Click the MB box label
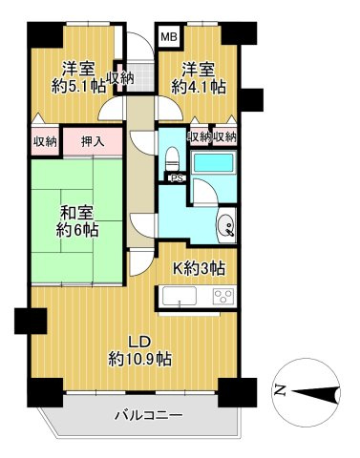(168, 37)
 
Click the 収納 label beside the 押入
(45, 142)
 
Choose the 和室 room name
(78, 212)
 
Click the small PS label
(176, 178)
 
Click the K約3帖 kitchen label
(199, 267)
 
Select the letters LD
(139, 341)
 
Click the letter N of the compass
(279, 389)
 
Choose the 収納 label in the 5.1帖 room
(120, 78)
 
